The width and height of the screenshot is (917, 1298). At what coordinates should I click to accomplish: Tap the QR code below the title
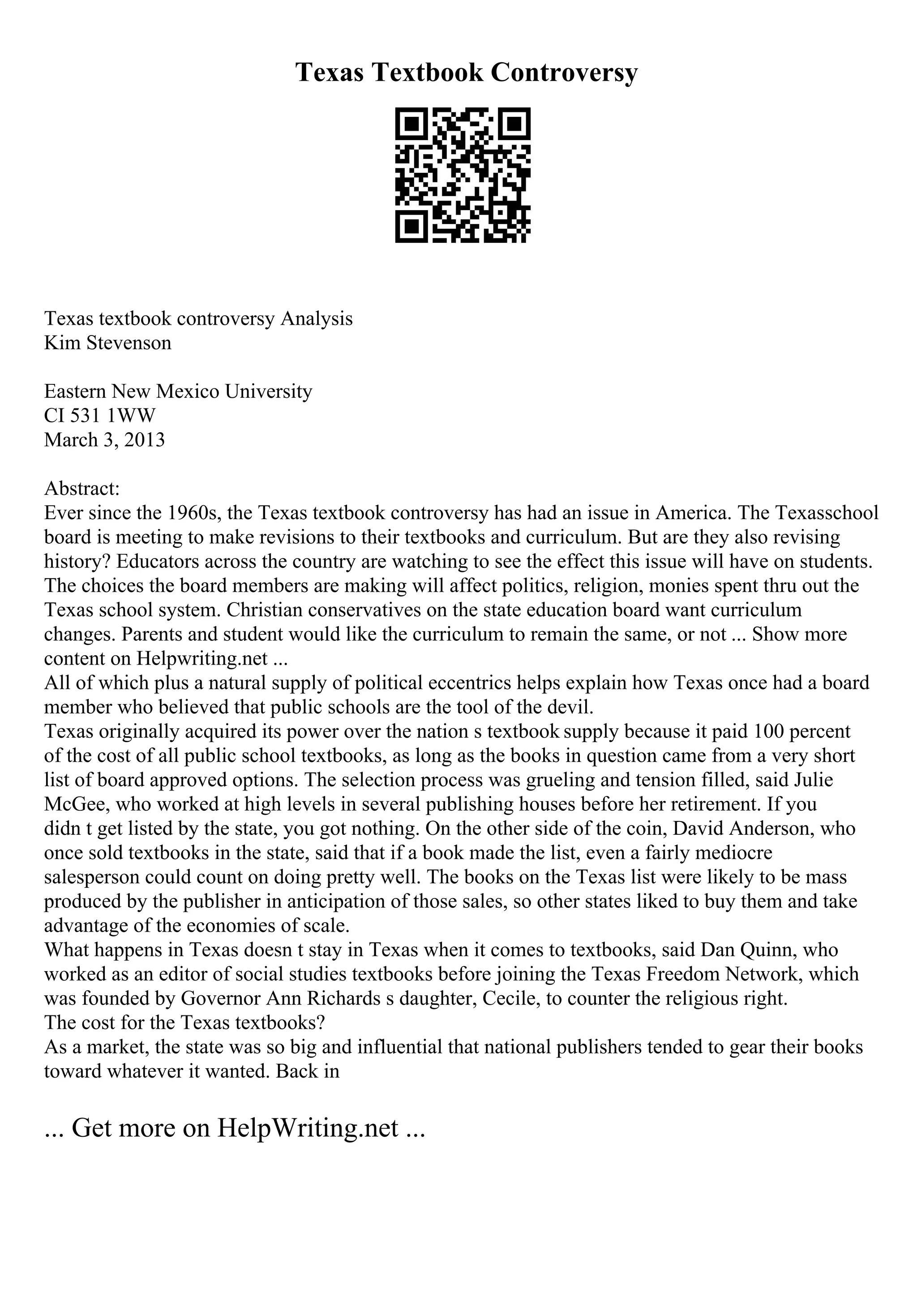click(462, 175)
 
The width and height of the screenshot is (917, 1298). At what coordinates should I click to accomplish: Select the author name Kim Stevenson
click(107, 343)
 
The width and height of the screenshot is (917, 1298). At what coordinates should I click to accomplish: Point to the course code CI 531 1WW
click(99, 416)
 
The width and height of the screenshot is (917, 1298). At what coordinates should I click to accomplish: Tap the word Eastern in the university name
click(75, 391)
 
